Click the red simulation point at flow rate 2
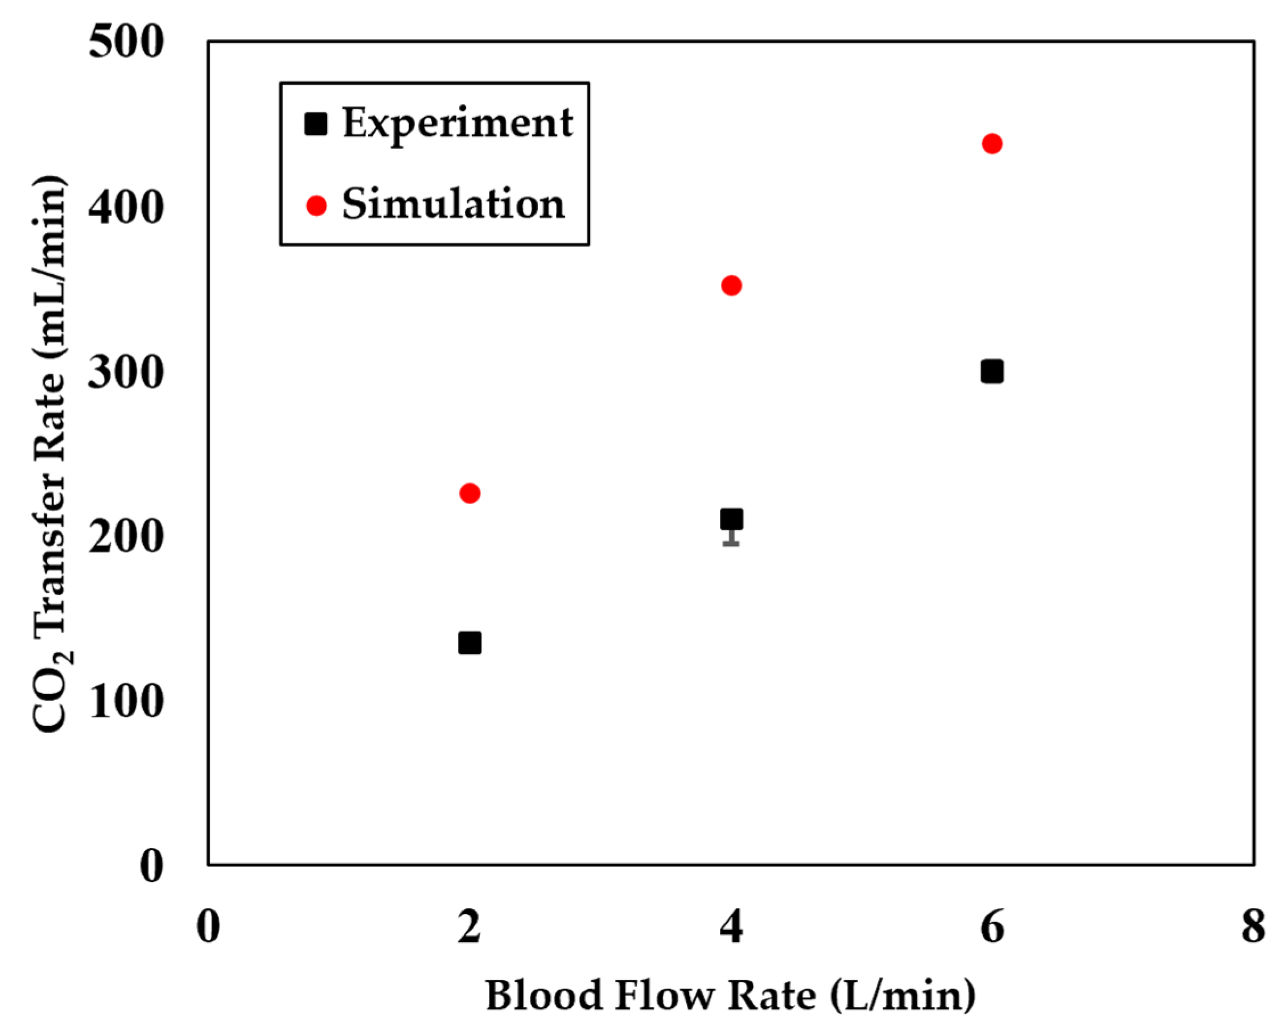click(x=470, y=493)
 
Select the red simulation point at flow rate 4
click(x=731, y=286)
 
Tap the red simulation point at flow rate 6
click(x=991, y=144)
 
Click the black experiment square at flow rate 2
click(x=470, y=644)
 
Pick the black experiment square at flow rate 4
click(x=731, y=519)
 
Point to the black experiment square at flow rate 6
click(x=991, y=372)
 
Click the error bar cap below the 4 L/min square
click(x=731, y=543)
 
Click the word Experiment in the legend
click(x=458, y=123)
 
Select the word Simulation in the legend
click(x=453, y=204)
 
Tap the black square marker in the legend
click(x=316, y=124)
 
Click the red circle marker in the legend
click(x=316, y=205)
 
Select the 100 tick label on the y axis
click(x=126, y=701)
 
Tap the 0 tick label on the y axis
click(x=151, y=865)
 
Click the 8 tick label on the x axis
click(x=1253, y=927)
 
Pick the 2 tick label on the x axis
click(x=469, y=927)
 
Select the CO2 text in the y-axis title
click(x=50, y=696)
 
